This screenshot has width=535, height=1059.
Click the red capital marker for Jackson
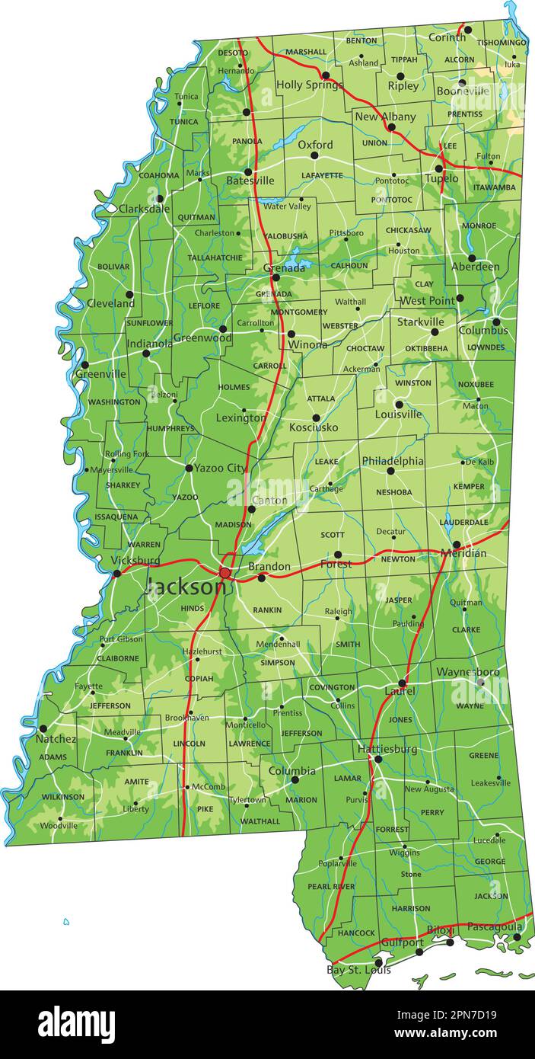tap(225, 572)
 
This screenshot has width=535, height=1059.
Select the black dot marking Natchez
tap(43, 728)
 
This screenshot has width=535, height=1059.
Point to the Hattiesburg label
tap(387, 750)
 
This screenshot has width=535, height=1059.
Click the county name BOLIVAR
tap(113, 267)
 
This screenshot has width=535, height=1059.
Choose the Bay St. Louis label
tap(358, 970)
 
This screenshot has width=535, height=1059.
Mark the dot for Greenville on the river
tap(84, 364)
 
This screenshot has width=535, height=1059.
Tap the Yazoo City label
tap(220, 469)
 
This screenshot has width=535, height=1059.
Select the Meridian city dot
tap(457, 545)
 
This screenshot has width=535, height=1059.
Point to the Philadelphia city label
tap(393, 461)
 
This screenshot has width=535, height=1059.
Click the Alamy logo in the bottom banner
tap(76, 1025)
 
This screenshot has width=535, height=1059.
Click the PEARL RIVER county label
tap(330, 887)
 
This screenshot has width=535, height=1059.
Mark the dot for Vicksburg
tap(116, 573)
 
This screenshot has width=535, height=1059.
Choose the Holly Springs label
tap(309, 85)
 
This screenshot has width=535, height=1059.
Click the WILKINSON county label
tap(63, 797)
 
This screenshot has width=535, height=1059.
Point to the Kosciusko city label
tap(314, 428)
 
